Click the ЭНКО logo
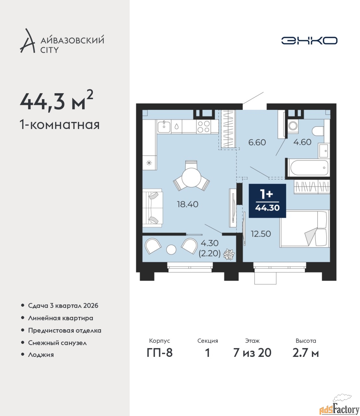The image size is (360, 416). pyautogui.click(x=309, y=40)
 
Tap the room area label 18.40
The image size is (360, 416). pyautogui.click(x=188, y=204)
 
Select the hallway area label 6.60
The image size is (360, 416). pyautogui.click(x=257, y=142)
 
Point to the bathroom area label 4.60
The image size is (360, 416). pyautogui.click(x=302, y=142)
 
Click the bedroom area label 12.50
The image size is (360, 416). pyautogui.click(x=261, y=234)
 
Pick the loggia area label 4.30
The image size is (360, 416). pyautogui.click(x=210, y=243)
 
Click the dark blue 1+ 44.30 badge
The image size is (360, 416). pyautogui.click(x=267, y=201)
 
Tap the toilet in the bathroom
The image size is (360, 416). pyautogui.click(x=318, y=131)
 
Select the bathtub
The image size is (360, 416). pyautogui.click(x=309, y=167)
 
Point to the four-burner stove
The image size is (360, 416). pyautogui.click(x=204, y=127)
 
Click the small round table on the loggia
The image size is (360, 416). pyautogui.click(x=171, y=250)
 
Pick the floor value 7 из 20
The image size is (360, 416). pyautogui.click(x=252, y=353)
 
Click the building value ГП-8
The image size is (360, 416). pyautogui.click(x=160, y=353)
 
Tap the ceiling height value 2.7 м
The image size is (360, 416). pyautogui.click(x=305, y=353)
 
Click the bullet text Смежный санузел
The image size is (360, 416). pyautogui.click(x=57, y=343)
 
